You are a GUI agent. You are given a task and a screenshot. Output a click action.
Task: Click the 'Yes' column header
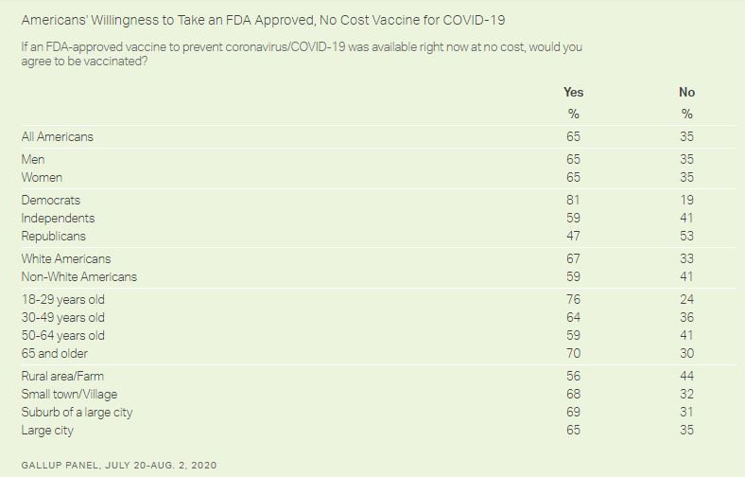click(573, 92)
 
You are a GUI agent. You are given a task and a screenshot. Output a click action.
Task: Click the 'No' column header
click(686, 92)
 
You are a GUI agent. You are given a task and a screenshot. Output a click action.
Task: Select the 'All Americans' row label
click(58, 136)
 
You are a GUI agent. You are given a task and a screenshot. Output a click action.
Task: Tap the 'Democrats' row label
click(51, 200)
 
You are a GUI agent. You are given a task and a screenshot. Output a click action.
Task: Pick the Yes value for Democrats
click(573, 200)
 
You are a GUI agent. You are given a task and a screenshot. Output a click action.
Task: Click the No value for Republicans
click(686, 236)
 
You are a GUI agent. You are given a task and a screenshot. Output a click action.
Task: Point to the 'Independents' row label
click(59, 218)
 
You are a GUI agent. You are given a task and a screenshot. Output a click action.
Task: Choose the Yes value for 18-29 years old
click(573, 299)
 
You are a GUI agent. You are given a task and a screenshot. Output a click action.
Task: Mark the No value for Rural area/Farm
click(686, 376)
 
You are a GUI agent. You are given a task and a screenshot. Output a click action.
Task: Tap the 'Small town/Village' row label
click(69, 394)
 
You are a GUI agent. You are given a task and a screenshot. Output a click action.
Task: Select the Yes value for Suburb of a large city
click(573, 412)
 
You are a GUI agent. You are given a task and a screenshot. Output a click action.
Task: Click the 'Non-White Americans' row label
click(79, 276)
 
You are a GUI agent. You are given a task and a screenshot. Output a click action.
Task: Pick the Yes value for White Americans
click(573, 258)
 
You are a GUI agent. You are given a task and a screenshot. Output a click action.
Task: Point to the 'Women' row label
click(43, 177)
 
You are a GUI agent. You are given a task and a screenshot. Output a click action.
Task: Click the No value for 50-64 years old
click(686, 335)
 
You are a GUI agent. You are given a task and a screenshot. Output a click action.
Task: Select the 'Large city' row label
click(47, 430)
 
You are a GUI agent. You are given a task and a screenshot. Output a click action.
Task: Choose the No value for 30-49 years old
click(686, 317)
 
